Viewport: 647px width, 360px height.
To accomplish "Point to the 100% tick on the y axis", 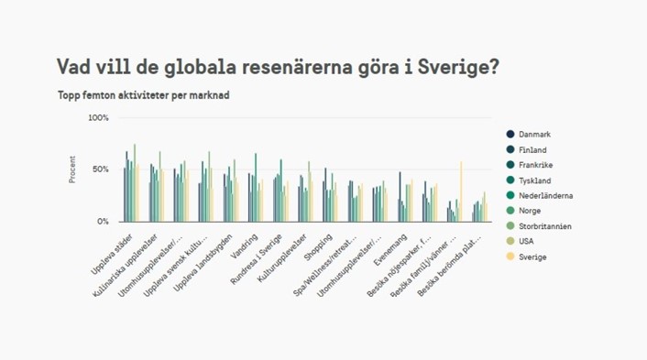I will [98, 118].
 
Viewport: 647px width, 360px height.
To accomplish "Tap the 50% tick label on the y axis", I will [100, 170].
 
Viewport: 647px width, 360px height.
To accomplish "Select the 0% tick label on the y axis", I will [103, 222].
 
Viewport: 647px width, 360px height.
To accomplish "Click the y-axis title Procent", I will [72, 169].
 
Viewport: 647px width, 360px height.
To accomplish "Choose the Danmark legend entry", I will [534, 135].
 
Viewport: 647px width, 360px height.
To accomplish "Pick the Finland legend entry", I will [532, 150].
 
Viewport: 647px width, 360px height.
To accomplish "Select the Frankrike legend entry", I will [536, 166].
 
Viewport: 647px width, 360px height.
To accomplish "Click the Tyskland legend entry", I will [534, 180].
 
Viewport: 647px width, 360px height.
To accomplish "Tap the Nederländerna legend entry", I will [545, 196].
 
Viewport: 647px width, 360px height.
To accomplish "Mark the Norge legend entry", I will [531, 212].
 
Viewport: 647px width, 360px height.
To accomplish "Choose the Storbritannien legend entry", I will [545, 226].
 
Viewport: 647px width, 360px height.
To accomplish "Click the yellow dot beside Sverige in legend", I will [510, 257].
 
